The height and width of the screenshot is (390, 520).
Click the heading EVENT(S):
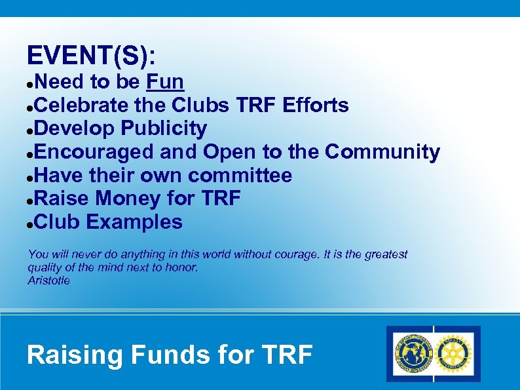click(x=92, y=56)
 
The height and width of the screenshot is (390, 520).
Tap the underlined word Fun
click(x=165, y=82)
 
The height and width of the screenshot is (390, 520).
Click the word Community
click(x=382, y=152)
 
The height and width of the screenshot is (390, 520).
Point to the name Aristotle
click(x=48, y=281)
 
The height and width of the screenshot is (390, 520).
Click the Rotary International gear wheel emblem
click(x=455, y=354)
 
